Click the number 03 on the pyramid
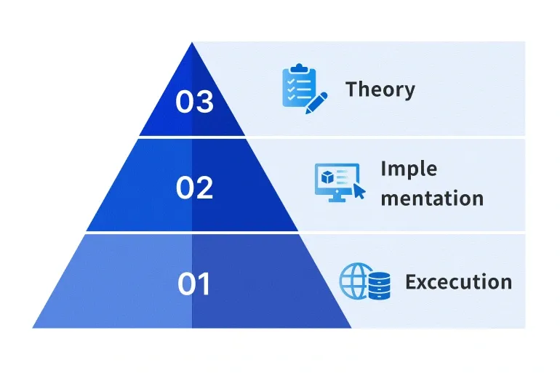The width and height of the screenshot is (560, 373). tap(195, 101)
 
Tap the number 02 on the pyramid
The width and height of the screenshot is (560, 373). tap(195, 188)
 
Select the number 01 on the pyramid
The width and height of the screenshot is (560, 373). tap(194, 284)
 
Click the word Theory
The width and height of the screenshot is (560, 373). tap(380, 89)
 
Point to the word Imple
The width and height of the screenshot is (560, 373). tap(409, 169)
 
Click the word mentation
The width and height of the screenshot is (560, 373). tap(432, 198)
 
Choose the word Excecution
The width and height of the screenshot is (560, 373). tap(459, 281)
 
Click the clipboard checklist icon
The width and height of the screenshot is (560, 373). tap(300, 86)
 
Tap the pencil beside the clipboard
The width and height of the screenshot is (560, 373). tap(316, 103)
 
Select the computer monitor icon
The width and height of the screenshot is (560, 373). tap(337, 183)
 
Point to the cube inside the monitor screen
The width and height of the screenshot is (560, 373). tap(327, 177)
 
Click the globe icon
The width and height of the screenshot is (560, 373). tap(353, 281)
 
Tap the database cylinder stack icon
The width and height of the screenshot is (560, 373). tap(380, 286)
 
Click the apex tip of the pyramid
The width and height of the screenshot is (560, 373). tap(192, 42)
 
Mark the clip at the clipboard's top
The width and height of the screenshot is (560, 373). tap(300, 68)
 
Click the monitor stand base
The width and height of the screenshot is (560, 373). tap(337, 199)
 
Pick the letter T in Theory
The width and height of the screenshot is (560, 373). tap(353, 89)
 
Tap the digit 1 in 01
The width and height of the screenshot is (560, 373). tap(204, 284)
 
